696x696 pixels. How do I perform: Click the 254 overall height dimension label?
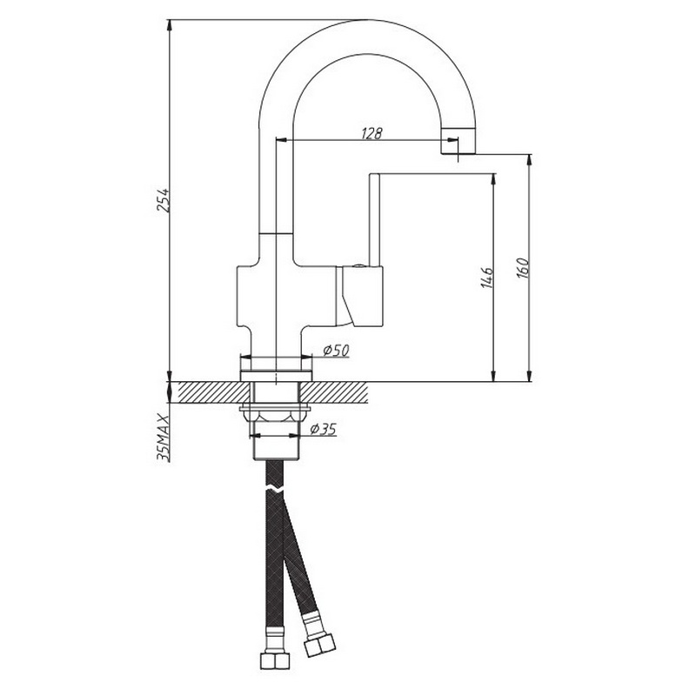click(x=163, y=200)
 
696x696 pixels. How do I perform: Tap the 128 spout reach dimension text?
click(x=371, y=133)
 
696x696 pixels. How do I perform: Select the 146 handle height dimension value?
click(x=487, y=278)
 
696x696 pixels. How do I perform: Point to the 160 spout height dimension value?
click(x=523, y=268)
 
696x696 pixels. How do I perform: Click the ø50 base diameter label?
click(x=337, y=351)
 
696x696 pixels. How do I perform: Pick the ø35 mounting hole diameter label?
click(x=323, y=429)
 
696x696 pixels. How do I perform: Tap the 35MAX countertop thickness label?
click(x=164, y=438)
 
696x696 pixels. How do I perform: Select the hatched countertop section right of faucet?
click(x=334, y=392)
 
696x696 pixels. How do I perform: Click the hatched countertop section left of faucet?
click(x=214, y=392)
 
